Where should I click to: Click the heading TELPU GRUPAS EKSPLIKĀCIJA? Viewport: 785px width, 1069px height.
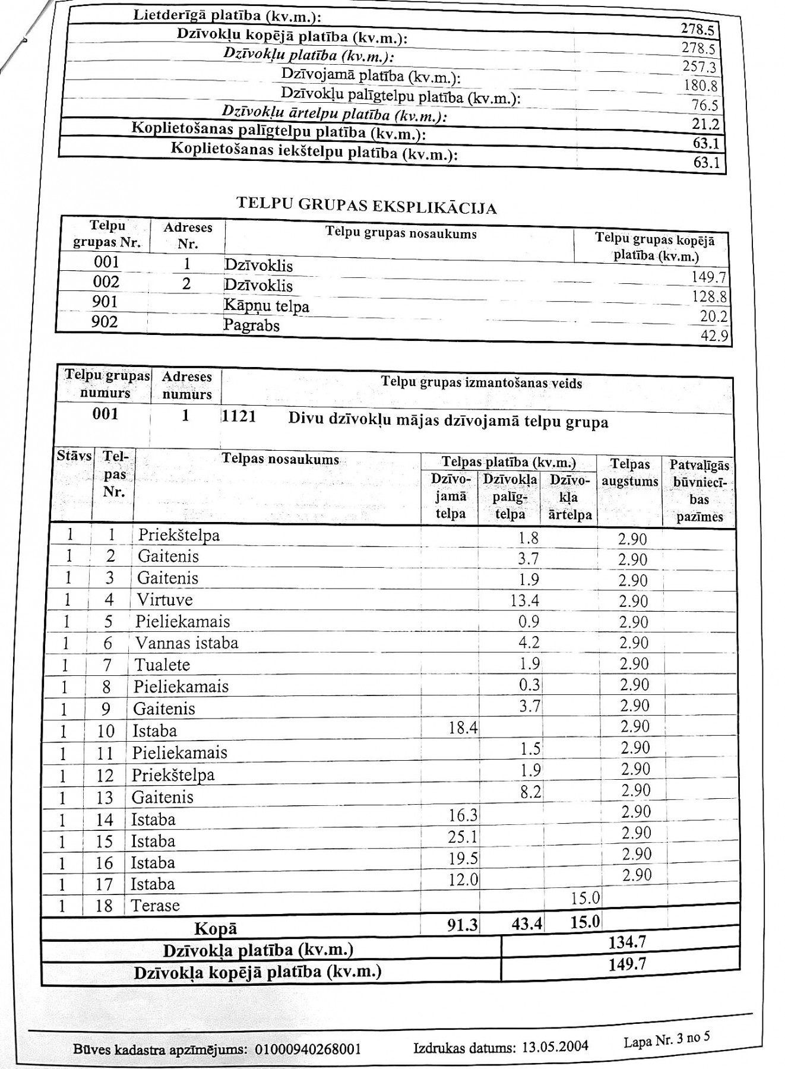[366, 205]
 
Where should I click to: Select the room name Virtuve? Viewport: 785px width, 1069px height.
[165, 600]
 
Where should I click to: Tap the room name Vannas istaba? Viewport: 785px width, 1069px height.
[186, 643]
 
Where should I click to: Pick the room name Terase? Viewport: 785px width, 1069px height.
[155, 906]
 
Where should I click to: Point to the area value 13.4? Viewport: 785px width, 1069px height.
[524, 600]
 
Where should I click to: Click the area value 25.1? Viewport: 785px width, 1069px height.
[463, 837]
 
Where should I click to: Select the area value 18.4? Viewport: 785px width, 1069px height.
[463, 728]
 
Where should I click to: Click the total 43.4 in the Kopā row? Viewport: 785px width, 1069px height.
[526, 925]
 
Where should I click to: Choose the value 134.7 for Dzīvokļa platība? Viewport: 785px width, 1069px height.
[627, 942]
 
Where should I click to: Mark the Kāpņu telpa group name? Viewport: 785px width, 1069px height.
[266, 306]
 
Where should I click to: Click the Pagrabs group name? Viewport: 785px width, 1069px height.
[251, 325]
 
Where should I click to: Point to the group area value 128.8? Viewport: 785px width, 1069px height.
[710, 296]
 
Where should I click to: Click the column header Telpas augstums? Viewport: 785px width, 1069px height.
[630, 473]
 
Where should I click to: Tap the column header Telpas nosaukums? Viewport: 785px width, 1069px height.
[280, 459]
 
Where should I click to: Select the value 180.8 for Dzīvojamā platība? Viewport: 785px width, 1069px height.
[701, 86]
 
